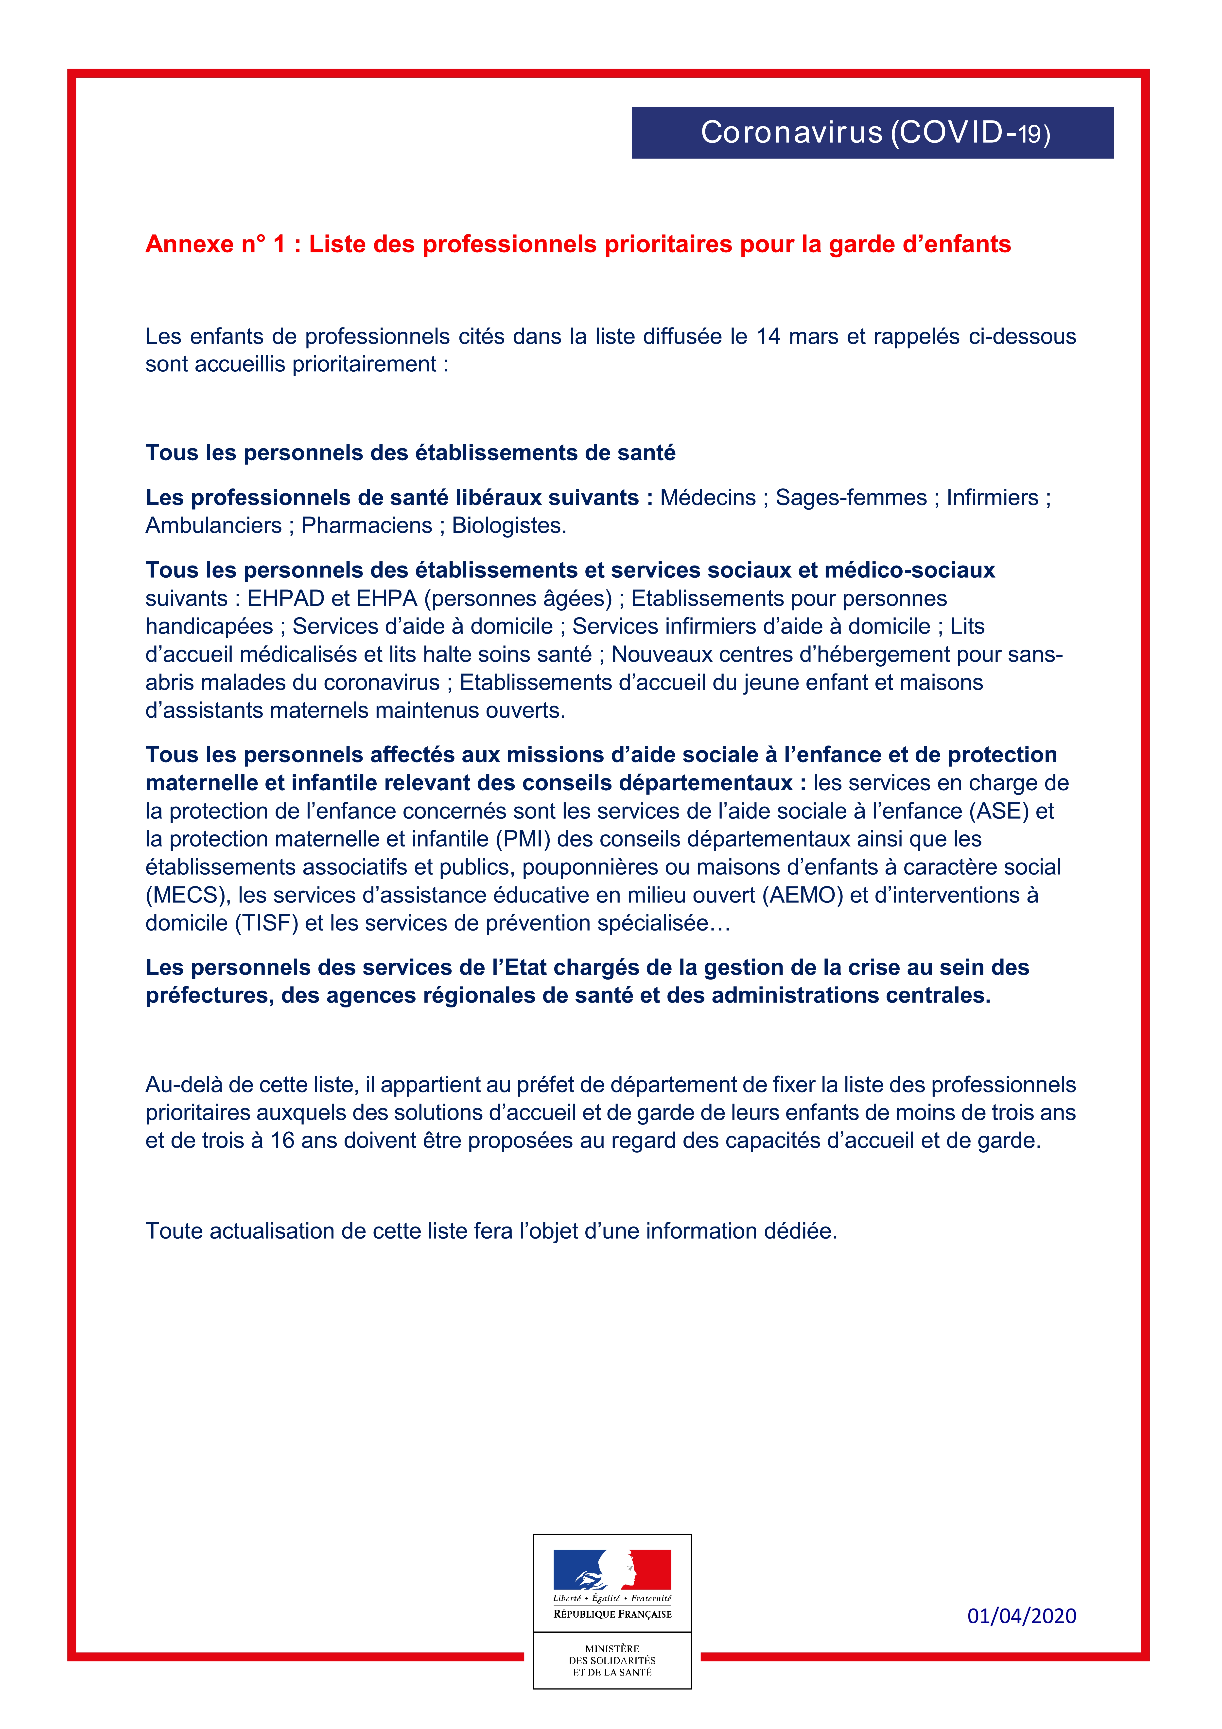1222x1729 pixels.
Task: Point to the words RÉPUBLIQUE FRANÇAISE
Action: pyautogui.click(x=612, y=1614)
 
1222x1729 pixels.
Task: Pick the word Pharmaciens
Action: pyautogui.click(x=367, y=526)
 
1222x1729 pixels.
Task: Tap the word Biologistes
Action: pyautogui.click(x=508, y=526)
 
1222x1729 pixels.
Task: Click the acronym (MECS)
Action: pyautogui.click(x=187, y=895)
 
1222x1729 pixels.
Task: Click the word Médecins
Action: pyautogui.click(x=708, y=498)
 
